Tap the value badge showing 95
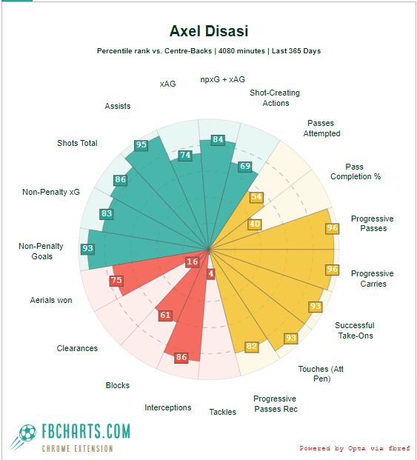[x=141, y=145]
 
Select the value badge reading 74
[x=185, y=156]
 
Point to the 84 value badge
[x=218, y=139]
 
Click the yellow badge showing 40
[x=254, y=224]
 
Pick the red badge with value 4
[x=211, y=274]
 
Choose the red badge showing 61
[x=165, y=316]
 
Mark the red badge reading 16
[x=193, y=262]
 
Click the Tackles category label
[x=222, y=412]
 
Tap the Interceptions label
[x=167, y=407]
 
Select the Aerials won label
[x=51, y=300]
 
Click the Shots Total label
[x=77, y=143]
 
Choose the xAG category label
[x=167, y=84]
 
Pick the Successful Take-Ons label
[x=354, y=330]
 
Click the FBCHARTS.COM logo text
[x=85, y=431]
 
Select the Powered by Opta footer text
[x=353, y=448]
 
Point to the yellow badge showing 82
[x=252, y=347]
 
